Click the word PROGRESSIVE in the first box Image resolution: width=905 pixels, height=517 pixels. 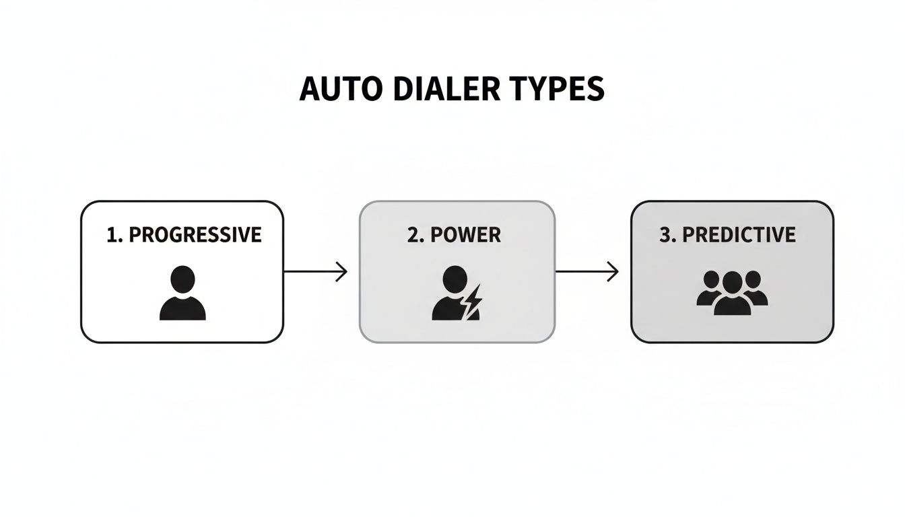pyautogui.click(x=195, y=235)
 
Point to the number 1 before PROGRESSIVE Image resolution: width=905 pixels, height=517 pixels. pyautogui.click(x=112, y=235)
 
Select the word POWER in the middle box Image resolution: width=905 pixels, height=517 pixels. pyautogui.click(x=465, y=235)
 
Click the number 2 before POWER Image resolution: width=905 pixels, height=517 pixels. pyautogui.click(x=413, y=235)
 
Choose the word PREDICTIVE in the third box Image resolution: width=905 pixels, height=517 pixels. pyautogui.click(x=739, y=235)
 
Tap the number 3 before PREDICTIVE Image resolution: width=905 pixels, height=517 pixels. pyautogui.click(x=665, y=235)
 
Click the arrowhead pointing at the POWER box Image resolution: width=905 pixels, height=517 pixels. pyautogui.click(x=343, y=272)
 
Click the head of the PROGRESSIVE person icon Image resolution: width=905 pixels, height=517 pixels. pyautogui.click(x=182, y=279)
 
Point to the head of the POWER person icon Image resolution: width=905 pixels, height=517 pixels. pyautogui.click(x=455, y=278)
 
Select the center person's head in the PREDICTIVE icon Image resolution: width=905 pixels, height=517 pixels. pyautogui.click(x=732, y=281)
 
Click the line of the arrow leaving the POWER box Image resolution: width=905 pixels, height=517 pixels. pyautogui.click(x=582, y=272)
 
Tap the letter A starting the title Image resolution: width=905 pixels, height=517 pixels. pyautogui.click(x=308, y=90)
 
